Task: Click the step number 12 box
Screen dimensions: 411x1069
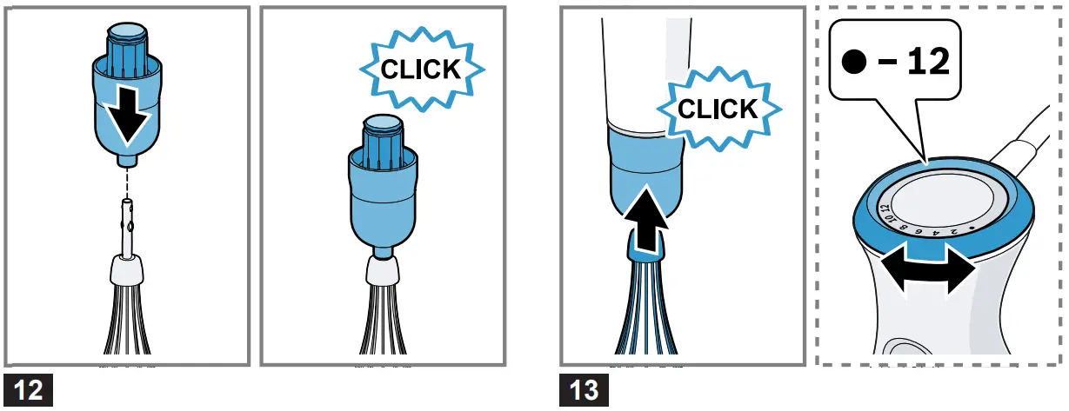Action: click(x=29, y=390)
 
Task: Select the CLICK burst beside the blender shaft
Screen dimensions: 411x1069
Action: click(x=718, y=109)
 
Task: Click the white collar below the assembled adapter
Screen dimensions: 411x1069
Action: click(x=383, y=270)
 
